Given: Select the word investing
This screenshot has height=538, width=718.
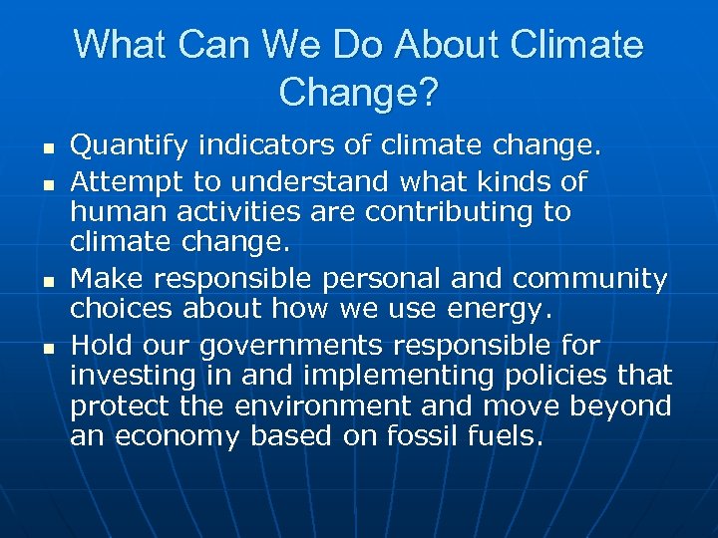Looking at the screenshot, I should click(x=121, y=376).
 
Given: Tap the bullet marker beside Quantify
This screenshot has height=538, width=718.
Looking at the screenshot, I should click(x=47, y=148).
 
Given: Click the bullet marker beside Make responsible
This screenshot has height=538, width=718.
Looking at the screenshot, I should click(x=47, y=281).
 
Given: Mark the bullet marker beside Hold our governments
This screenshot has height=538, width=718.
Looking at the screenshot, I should click(x=47, y=347).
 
